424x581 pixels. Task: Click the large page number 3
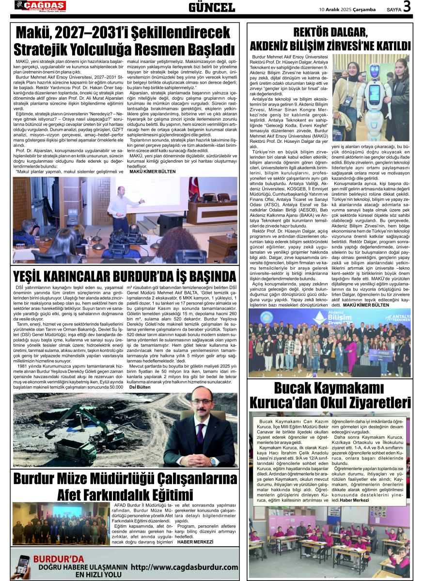(407, 7)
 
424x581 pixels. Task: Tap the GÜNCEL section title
(212, 7)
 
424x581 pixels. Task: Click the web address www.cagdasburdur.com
(185, 567)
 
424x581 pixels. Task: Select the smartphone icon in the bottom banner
(22, 566)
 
